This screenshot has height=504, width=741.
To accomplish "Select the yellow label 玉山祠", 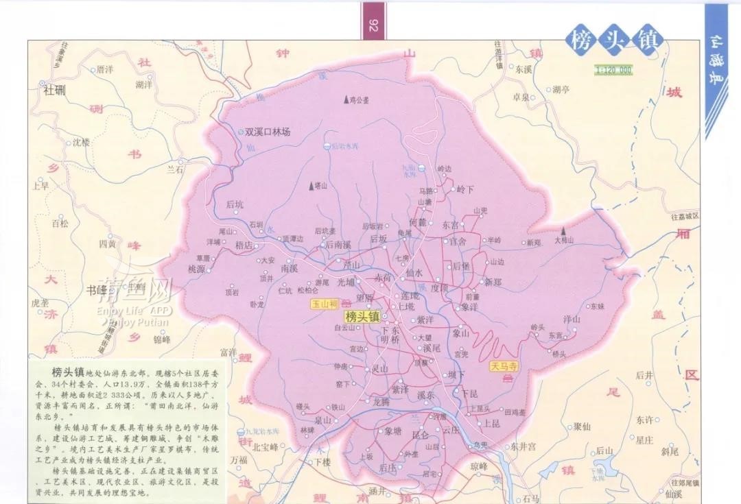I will click(325, 303).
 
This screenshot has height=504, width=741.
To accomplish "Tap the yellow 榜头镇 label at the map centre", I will click(362, 317).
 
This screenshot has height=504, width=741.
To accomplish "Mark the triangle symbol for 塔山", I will click(312, 185).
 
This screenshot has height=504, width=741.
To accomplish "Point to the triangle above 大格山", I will click(563, 231).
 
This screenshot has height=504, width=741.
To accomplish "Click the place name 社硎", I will click(56, 89).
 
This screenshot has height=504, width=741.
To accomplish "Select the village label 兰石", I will click(176, 169).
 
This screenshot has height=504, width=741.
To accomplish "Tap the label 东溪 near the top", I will click(524, 69).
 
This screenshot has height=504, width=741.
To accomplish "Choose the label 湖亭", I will click(561, 89).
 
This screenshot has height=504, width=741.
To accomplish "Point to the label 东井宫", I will click(524, 446).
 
